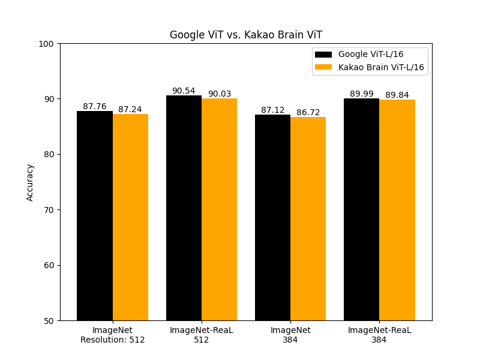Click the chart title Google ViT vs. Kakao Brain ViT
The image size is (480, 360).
[246, 35]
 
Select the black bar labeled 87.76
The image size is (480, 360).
[95, 216]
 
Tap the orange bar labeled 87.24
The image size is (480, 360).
[130, 217]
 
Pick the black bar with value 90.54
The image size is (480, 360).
[184, 208]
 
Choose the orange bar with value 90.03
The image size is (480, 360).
[219, 209]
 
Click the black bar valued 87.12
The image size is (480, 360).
[272, 218]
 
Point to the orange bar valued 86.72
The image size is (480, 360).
[308, 219]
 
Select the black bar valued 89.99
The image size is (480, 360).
[361, 209]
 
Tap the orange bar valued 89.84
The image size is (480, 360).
[397, 210]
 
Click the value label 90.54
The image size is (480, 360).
[184, 91]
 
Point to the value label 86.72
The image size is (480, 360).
[308, 112]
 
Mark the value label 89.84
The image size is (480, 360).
[397, 95]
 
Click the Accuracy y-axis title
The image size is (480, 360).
[30, 182]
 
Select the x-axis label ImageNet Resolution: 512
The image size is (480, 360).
[113, 335]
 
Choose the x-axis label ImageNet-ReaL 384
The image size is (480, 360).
[379, 335]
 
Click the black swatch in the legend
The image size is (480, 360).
[323, 55]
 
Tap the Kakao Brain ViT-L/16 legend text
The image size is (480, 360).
[381, 67]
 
